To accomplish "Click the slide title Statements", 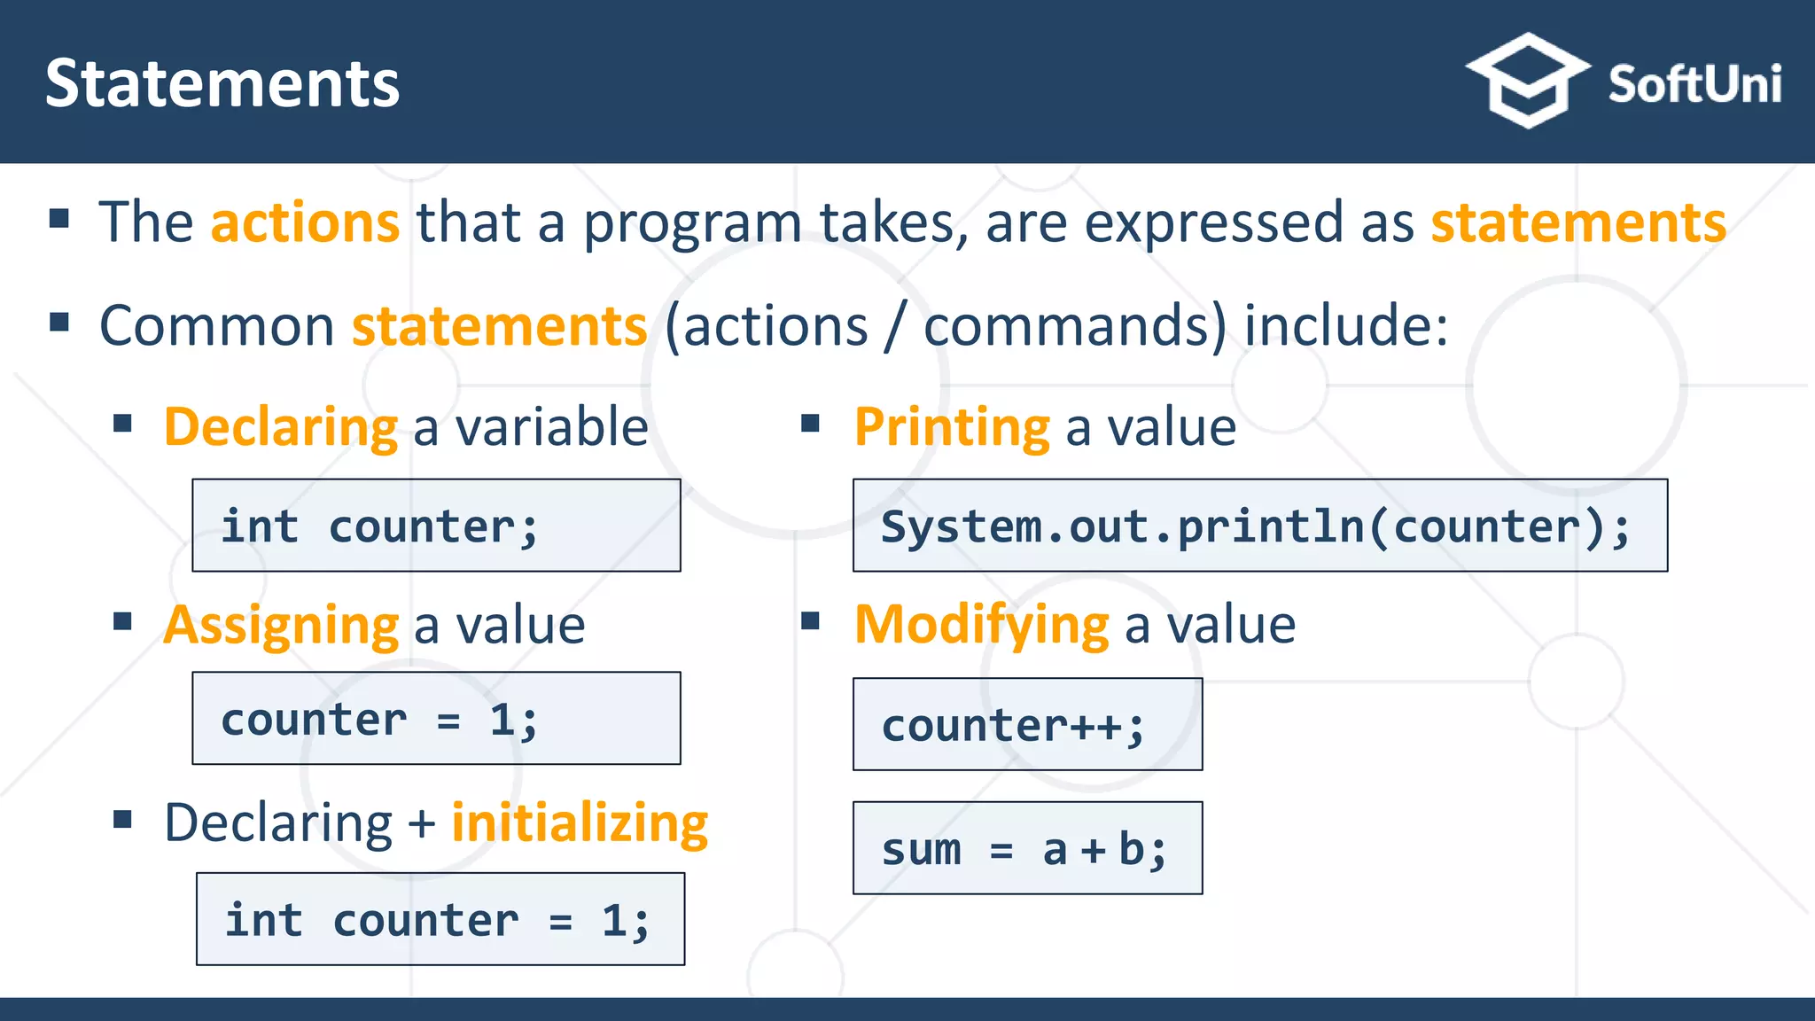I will (x=222, y=84).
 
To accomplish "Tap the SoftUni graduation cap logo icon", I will (x=1527, y=81).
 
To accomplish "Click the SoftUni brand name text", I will (x=1694, y=85).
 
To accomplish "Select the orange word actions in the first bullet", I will (x=305, y=222).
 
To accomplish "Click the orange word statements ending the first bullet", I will (x=1578, y=222).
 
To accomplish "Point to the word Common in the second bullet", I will (x=216, y=325).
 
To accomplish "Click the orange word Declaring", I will (x=281, y=427).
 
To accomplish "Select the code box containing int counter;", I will (x=436, y=526).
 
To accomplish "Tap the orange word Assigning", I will (x=281, y=626).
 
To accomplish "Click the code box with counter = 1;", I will (x=436, y=718).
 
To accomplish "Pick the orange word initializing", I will (x=580, y=822).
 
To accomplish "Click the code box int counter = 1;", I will (x=440, y=919).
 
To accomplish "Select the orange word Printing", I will (x=952, y=427).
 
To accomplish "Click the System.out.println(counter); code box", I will (x=1259, y=526).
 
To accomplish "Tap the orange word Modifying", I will (x=981, y=625).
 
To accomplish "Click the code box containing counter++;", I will (x=1027, y=724).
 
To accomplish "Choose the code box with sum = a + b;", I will (x=1027, y=848).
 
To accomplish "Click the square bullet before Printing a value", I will (x=810, y=424).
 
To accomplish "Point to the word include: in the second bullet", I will (x=1346, y=325).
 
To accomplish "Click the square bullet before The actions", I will (x=59, y=218).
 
